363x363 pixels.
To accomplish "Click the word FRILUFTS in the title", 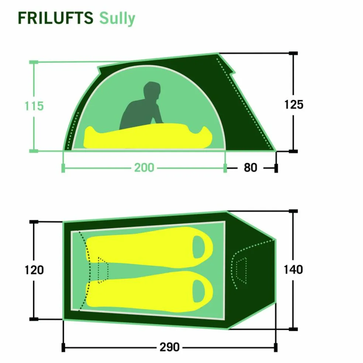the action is [x=56, y=18].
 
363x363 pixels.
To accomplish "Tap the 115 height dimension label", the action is [x=34, y=106].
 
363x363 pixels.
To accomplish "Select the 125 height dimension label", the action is [x=294, y=104].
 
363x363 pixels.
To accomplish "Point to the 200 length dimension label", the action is [x=144, y=167].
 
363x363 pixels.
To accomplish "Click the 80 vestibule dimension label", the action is [x=250, y=167].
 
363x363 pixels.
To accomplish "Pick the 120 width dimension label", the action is [x=34, y=270].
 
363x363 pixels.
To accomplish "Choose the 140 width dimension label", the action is [x=293, y=270].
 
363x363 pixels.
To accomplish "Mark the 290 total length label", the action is [x=169, y=347].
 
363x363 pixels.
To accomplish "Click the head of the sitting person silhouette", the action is [x=152, y=90].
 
